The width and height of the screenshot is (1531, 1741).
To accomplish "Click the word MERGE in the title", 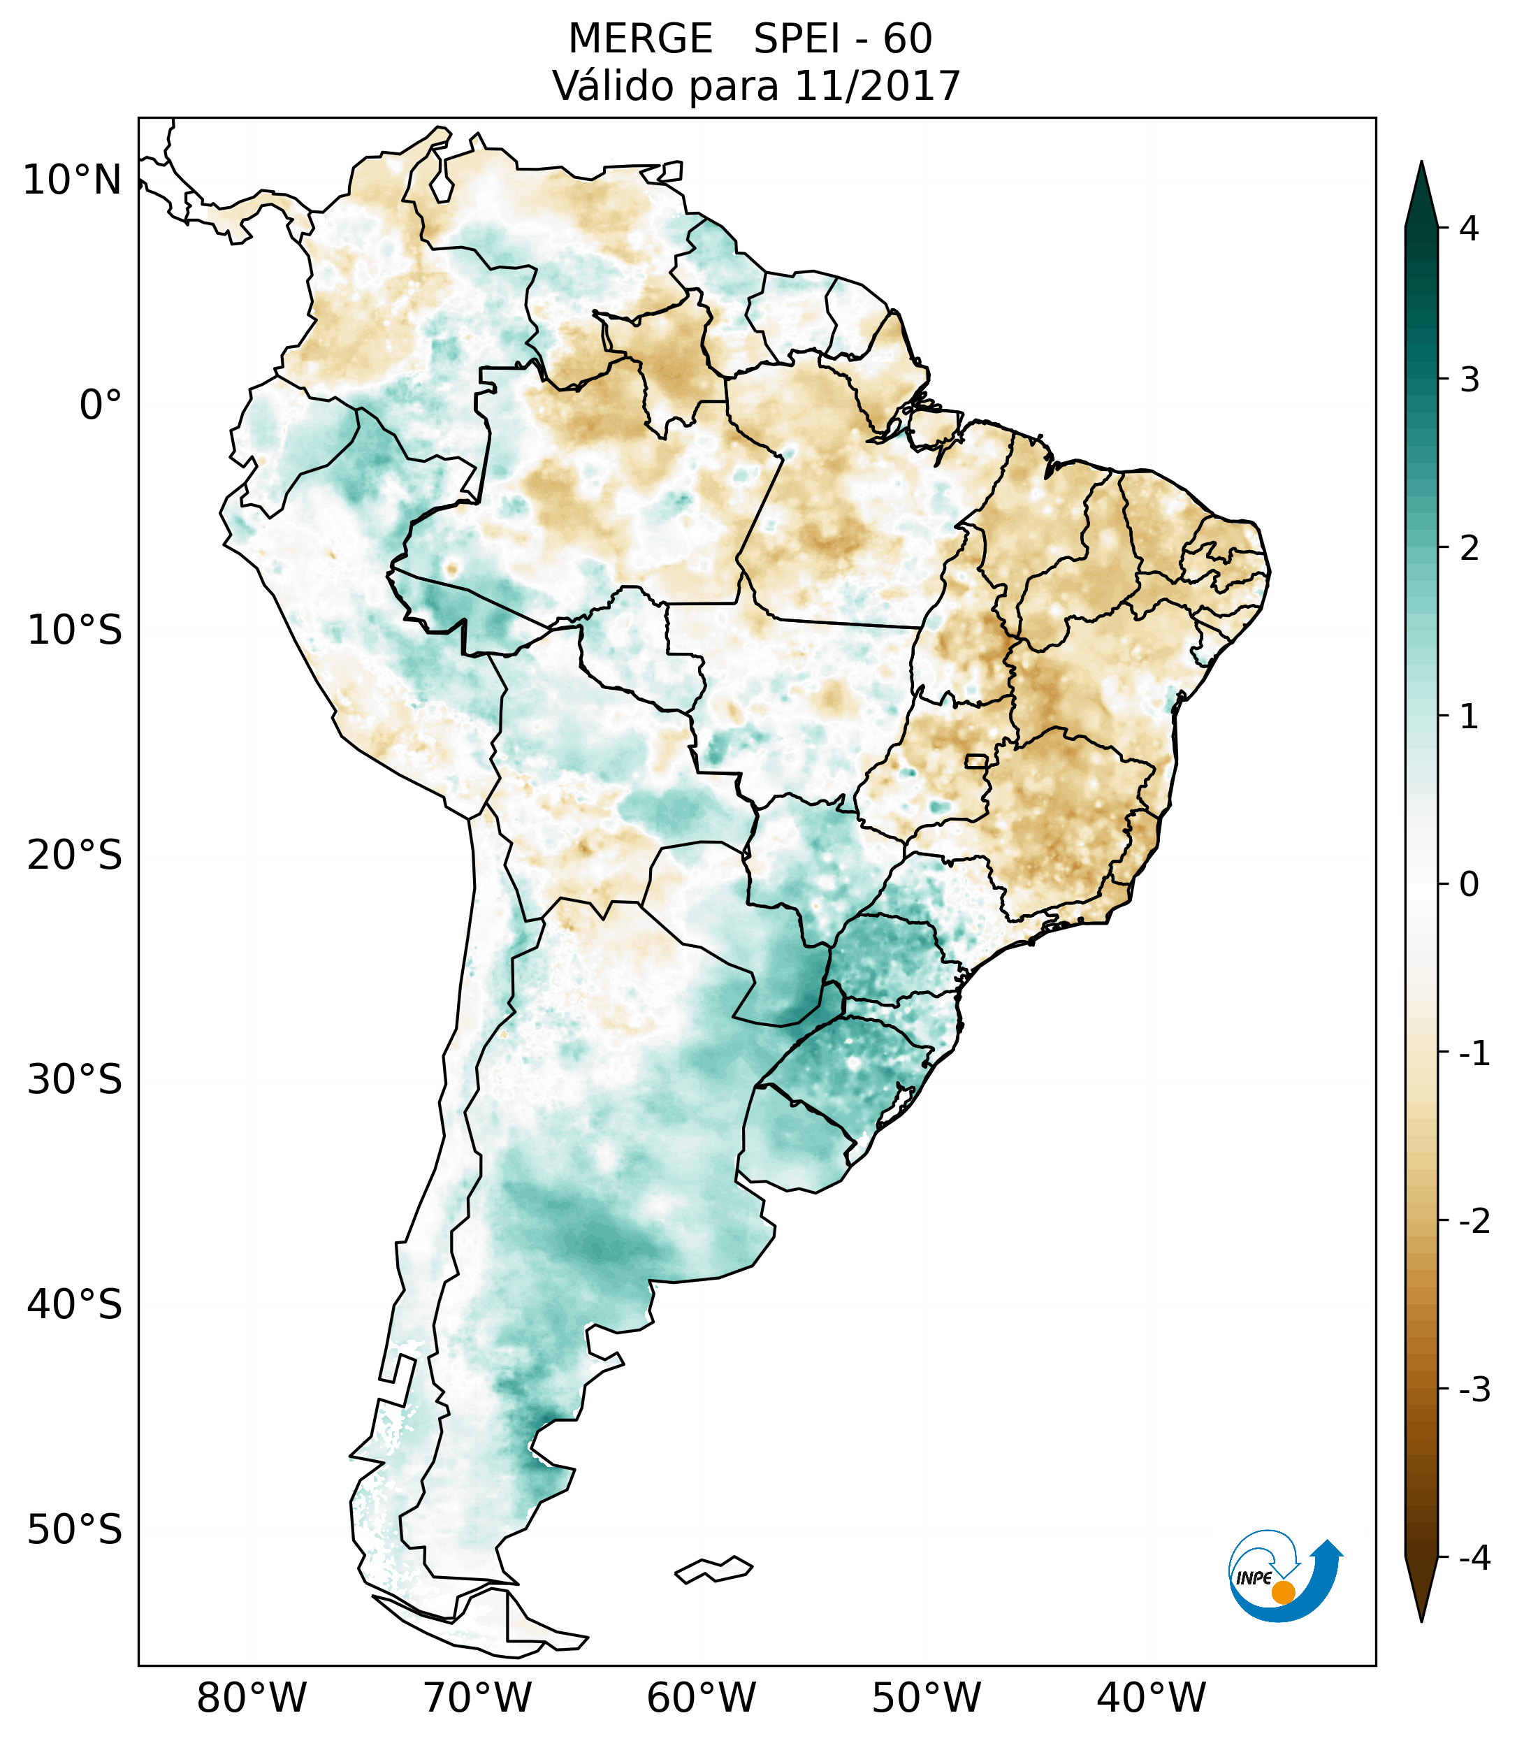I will [x=640, y=39].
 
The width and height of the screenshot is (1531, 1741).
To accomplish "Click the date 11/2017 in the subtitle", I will [x=878, y=86].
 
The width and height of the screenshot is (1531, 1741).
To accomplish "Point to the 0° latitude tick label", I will [x=101, y=405].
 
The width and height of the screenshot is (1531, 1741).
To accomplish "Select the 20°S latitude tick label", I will [x=75, y=855].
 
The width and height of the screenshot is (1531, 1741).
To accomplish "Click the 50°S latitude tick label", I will [x=75, y=1531].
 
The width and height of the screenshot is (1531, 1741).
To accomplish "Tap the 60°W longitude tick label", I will [x=701, y=1698].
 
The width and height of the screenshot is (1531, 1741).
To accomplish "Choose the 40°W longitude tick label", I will [x=1152, y=1698].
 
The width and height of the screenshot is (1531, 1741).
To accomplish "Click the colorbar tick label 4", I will [x=1469, y=229].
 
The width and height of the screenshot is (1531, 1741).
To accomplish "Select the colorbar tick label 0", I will [x=1469, y=885].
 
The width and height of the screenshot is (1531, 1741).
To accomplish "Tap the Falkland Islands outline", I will [x=713, y=1570].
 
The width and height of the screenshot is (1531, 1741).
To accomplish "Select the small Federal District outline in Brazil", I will [x=978, y=760].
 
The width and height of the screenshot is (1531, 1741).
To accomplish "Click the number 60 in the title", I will [x=907, y=39].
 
